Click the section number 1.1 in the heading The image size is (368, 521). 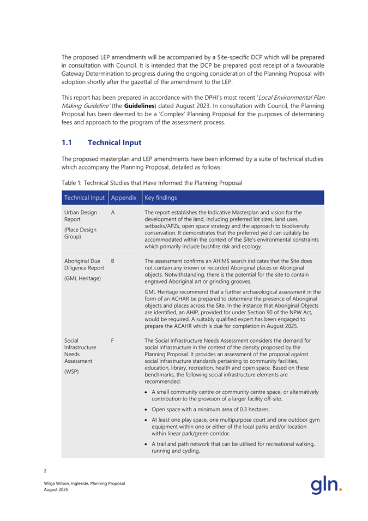click(x=67, y=142)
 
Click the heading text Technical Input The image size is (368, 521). click(x=114, y=142)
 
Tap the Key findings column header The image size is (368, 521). click(x=161, y=197)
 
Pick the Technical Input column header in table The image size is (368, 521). click(x=84, y=197)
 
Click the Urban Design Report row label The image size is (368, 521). click(x=79, y=215)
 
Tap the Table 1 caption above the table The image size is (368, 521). click(x=151, y=181)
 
